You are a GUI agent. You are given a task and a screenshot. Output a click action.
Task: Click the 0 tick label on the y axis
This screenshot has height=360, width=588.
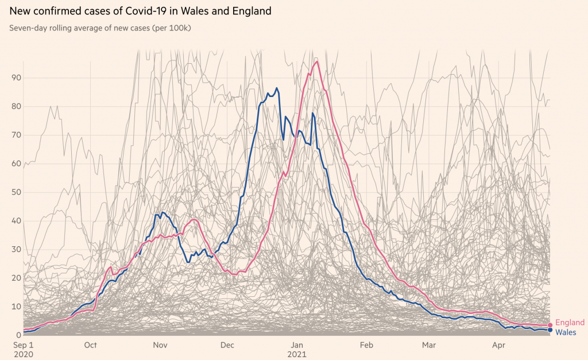(19, 335)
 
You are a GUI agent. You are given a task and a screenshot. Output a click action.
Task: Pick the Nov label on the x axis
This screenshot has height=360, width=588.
(160, 345)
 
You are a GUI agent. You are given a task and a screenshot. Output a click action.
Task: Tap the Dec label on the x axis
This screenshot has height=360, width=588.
(228, 345)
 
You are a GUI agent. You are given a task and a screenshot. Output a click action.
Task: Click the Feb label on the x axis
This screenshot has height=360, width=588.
(366, 345)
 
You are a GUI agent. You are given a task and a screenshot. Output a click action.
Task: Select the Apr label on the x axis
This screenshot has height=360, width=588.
(499, 345)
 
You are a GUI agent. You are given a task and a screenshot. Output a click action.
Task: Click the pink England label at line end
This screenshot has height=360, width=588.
(570, 323)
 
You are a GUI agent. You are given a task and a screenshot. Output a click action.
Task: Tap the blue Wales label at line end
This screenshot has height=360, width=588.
(566, 332)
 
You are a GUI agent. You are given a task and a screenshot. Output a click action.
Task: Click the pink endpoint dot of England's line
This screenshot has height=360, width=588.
(550, 325)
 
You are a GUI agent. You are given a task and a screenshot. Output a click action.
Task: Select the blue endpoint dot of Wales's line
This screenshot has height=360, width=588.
(550, 330)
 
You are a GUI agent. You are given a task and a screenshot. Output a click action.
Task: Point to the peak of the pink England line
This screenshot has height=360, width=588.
(316, 61)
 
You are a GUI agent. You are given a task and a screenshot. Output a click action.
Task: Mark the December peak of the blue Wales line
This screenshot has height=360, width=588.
(277, 88)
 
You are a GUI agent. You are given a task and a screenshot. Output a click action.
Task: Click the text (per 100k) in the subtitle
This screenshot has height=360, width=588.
(172, 28)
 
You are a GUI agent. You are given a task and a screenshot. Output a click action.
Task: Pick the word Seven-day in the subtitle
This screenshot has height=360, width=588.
(26, 28)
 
